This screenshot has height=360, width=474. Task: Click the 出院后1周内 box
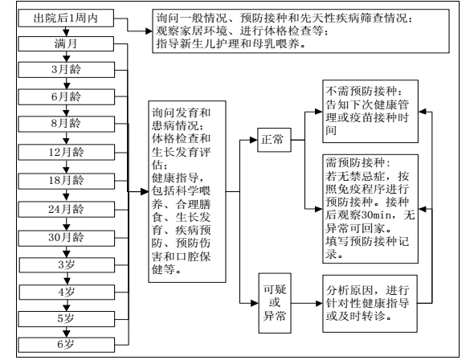(66, 18)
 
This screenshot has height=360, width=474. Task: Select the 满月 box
(66, 44)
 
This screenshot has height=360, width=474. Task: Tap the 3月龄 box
(67, 70)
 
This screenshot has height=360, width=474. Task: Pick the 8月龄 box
(67, 124)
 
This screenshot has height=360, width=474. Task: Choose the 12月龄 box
(67, 152)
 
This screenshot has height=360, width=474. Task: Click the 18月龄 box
(67, 181)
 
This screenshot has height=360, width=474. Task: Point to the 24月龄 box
(67, 210)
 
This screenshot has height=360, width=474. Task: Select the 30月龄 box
(67, 238)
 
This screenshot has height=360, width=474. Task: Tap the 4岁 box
(67, 292)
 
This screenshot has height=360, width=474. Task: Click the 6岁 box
(67, 345)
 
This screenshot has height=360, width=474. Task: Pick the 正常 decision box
(274, 140)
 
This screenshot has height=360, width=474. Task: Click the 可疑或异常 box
(275, 303)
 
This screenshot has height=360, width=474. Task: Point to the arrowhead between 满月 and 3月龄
(67, 59)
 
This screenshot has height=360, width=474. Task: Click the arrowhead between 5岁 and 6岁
(67, 333)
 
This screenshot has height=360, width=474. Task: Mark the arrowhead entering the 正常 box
(254, 140)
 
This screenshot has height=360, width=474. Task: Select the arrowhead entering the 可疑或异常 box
(255, 303)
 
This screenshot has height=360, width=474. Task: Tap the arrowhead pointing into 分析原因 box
(319, 303)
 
